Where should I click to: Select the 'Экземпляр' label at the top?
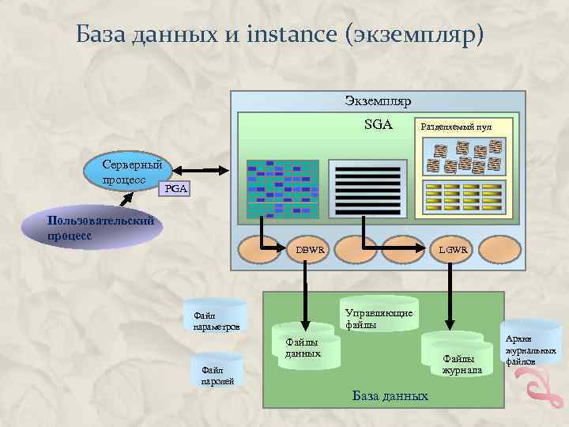click(x=378, y=101)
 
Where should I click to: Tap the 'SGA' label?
click(x=378, y=124)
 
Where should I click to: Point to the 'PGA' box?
click(x=175, y=189)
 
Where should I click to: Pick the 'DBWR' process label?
click(x=311, y=250)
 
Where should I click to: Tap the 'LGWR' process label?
click(x=454, y=250)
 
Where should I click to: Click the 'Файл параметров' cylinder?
click(x=215, y=316)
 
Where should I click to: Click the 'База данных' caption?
click(x=390, y=395)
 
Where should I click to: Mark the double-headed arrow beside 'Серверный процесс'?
click(x=201, y=170)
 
